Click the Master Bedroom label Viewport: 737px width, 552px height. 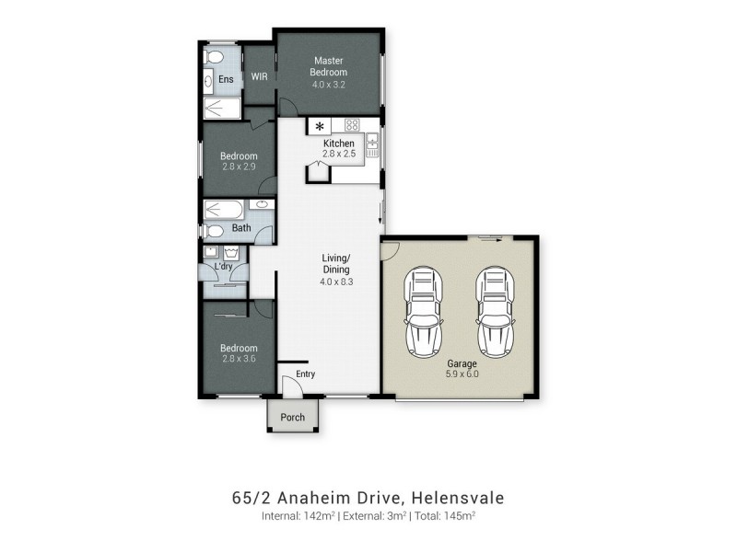tap(329, 66)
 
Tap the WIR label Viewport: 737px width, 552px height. tap(259, 76)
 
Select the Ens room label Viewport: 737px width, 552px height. tap(226, 79)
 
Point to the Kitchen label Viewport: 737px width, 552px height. tap(338, 144)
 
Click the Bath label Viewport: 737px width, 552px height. tap(241, 227)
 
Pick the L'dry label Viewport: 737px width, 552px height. tap(224, 267)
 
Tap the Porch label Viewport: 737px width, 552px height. tap(293, 417)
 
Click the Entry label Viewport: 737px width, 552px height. tap(305, 374)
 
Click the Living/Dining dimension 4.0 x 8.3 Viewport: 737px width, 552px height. tap(335, 282)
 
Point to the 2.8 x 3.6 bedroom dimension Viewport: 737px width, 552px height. tap(239, 359)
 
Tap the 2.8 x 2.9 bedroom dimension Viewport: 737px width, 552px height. tap(239, 167)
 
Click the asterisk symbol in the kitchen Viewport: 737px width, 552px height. tap(320, 126)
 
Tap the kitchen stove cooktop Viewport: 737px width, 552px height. tap(351, 124)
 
